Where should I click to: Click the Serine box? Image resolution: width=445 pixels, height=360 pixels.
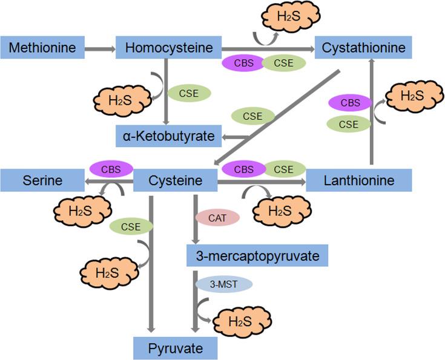coord(42,180)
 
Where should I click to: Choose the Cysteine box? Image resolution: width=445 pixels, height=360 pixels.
coord(175,180)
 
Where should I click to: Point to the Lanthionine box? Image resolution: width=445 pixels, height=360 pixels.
coord(358,180)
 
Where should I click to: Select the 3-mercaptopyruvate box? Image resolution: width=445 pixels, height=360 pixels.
coord(257,255)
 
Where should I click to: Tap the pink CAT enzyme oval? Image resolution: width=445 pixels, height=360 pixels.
coord(217,218)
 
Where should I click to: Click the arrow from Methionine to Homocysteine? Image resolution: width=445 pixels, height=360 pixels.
coord(99,47)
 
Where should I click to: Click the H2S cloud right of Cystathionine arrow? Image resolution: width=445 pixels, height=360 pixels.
coord(409,97)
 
